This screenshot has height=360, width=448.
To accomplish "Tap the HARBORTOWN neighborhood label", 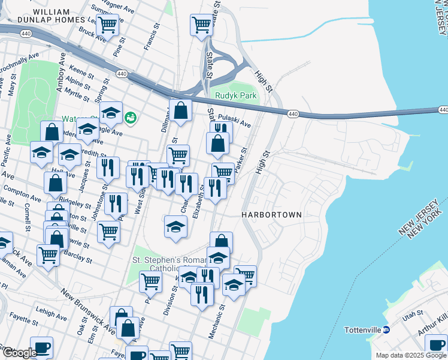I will click(x=271, y=214).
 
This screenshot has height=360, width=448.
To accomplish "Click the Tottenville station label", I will click(x=363, y=330).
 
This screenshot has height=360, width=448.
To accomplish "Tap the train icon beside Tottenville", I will click(x=386, y=329).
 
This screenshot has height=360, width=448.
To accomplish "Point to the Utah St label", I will click(x=413, y=314).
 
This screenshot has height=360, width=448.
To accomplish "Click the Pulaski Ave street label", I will click(x=234, y=121).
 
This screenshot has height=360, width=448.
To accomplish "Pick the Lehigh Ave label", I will click(x=52, y=313).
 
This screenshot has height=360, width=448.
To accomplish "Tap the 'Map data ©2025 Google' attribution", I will click(x=411, y=355).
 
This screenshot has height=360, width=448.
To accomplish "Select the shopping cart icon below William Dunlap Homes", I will click(x=107, y=25).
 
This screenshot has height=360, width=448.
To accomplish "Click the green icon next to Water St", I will click(x=131, y=118).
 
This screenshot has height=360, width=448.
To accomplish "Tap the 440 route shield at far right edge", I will click(x=443, y=110).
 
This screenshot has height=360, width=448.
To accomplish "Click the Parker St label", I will click(x=241, y=160).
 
